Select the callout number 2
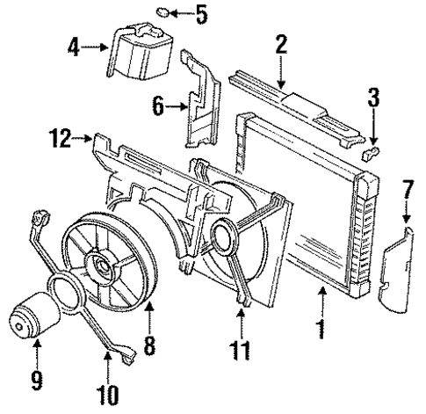point(280,44)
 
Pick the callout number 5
point(202,14)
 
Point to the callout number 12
point(60,138)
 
